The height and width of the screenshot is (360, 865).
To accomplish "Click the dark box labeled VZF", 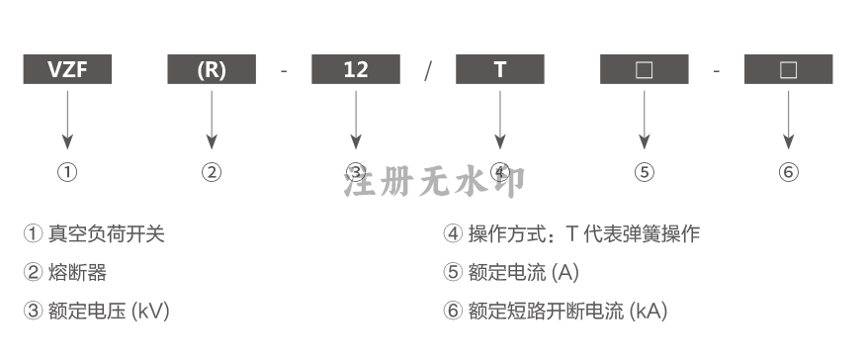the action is (67, 69).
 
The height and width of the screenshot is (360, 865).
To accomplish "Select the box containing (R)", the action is (212, 69).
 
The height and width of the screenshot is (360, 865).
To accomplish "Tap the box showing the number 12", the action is (356, 69).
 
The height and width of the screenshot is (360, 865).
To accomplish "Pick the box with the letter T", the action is (500, 69).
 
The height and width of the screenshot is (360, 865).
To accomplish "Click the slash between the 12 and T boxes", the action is (428, 70).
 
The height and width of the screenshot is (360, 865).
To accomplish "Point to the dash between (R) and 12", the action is (284, 71).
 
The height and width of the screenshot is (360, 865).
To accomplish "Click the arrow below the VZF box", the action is (67, 120).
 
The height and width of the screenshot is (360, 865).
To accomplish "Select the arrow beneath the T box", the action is (500, 120).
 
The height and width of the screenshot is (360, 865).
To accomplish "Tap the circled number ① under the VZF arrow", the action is (67, 172).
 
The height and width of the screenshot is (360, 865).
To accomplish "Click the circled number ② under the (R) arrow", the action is (212, 172).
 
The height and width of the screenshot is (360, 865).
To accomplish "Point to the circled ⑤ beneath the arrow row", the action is (644, 172).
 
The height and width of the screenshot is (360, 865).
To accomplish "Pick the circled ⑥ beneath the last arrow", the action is (788, 172).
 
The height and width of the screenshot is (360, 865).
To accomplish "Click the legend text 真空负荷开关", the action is (107, 233).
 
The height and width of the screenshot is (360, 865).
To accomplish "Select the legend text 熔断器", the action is (77, 272).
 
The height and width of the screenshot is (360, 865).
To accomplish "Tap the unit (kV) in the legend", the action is (150, 311).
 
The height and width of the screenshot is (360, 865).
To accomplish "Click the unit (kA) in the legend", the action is (649, 311).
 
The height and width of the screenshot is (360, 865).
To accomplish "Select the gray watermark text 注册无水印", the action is (435, 181).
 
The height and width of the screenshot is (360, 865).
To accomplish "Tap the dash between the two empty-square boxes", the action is (716, 71).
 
